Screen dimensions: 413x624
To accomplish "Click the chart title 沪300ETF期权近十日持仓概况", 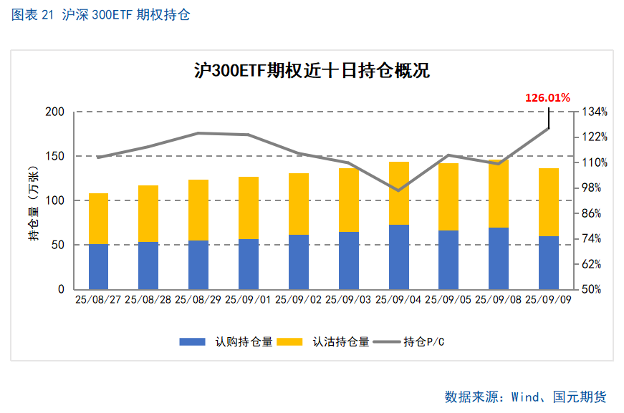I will pos(312,71).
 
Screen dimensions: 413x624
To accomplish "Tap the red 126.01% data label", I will pos(547,97).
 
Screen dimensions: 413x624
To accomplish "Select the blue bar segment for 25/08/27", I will pos(99,266).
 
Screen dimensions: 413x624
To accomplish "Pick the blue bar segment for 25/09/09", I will pos(549,263).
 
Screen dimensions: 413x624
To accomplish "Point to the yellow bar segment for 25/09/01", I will pos(249,208).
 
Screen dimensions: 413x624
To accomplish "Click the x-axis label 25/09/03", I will pos(349,300).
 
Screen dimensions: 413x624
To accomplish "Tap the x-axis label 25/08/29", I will pos(198,300).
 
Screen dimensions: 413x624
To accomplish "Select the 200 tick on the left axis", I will pos(54,112).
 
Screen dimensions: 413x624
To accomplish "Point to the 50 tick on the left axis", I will pos(57,245).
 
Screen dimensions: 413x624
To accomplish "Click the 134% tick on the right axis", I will pos(594,112).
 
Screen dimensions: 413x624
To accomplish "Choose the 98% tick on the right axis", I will pos(594,188).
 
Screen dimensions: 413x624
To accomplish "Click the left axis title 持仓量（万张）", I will pos(33,202).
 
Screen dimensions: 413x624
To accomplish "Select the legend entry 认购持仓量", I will pos(226,341).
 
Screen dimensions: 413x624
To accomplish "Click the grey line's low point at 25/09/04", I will pos(399,190).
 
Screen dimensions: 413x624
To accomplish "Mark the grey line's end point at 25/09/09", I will pos(549,128).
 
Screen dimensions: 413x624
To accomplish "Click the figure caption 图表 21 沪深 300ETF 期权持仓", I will pos(101,15).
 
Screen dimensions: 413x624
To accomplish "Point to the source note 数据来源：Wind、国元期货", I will pos(525,397).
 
